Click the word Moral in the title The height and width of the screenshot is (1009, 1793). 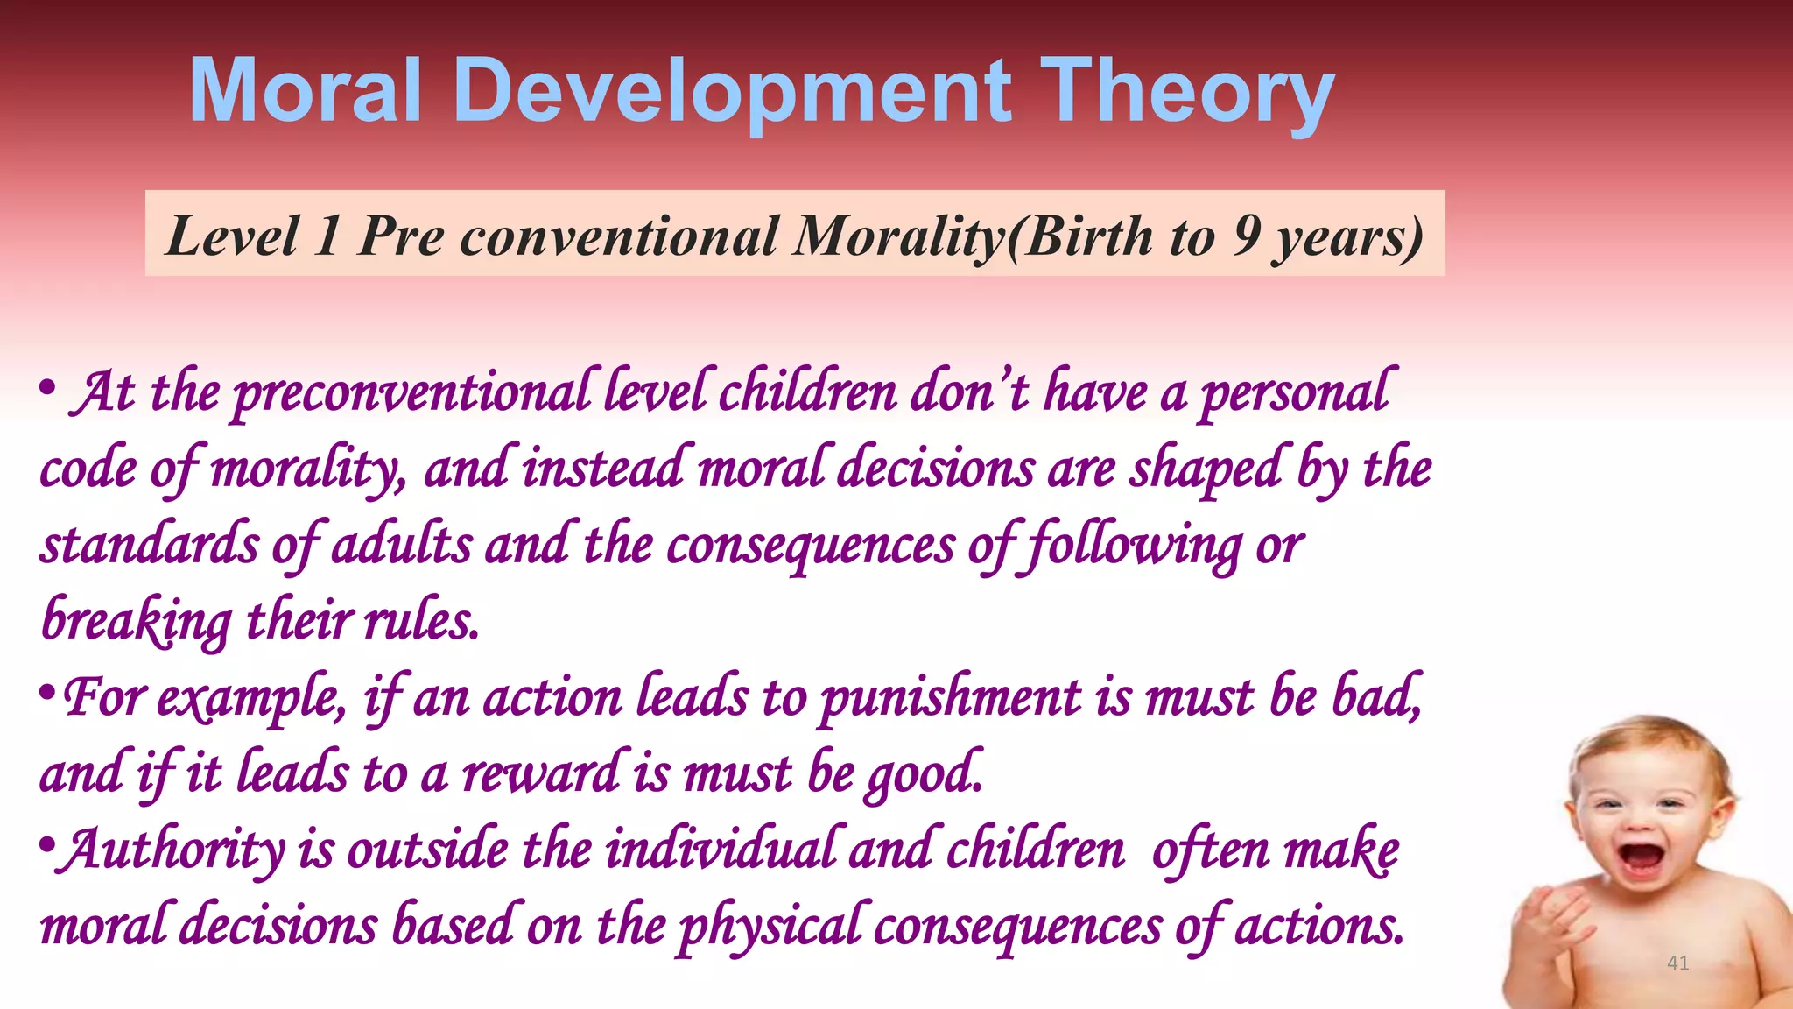pos(306,89)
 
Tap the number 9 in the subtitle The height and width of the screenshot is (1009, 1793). pos(1247,236)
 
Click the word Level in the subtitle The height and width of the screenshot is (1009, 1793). pos(232,236)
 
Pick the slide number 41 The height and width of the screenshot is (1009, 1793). pos(1677,963)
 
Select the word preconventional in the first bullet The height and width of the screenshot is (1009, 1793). pos(411,393)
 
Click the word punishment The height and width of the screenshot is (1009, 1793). pos(951,699)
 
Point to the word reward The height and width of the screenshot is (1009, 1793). pos(541,773)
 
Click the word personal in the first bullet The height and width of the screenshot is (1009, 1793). pos(1294,393)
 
